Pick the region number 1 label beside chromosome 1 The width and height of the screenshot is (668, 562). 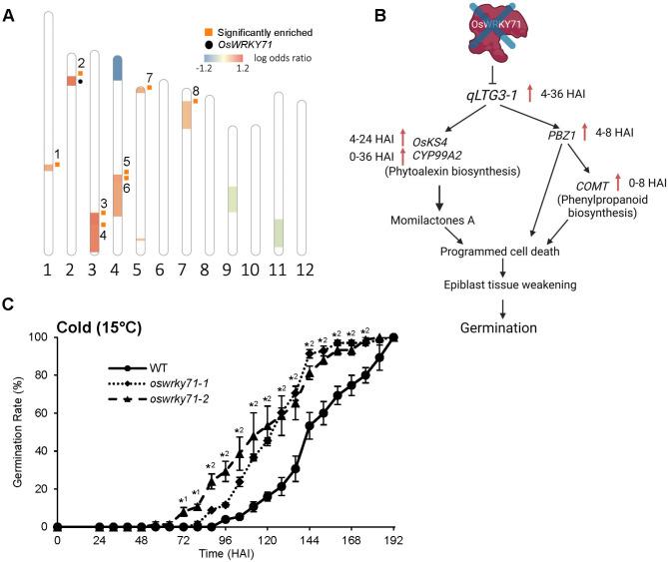click(x=58, y=155)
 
